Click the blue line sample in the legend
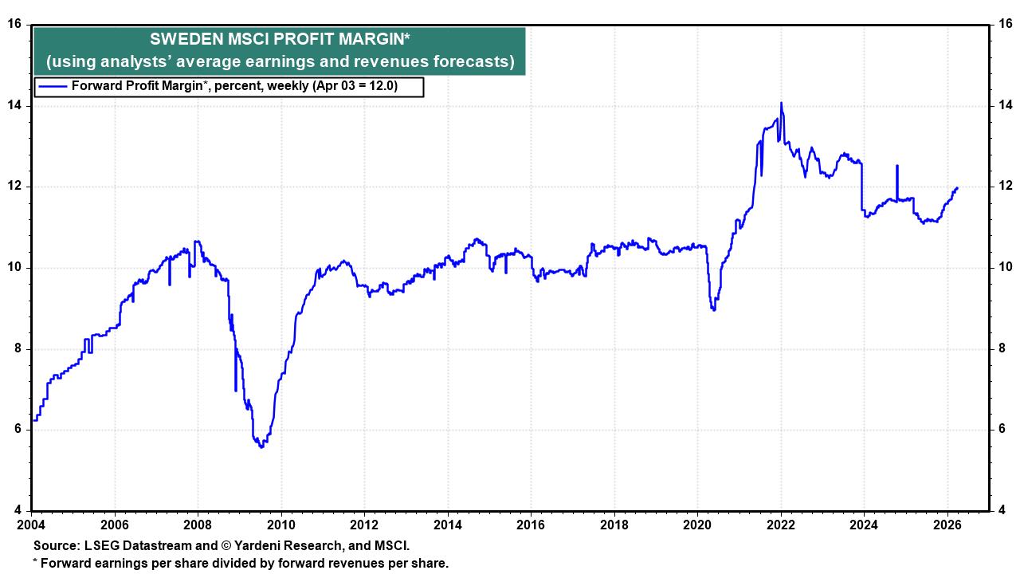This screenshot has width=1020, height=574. click(53, 86)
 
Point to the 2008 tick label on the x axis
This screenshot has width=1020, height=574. click(198, 525)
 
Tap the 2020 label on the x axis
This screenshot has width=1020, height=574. click(697, 525)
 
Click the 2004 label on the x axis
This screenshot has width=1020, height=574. click(32, 525)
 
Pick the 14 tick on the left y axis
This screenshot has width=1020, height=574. click(14, 106)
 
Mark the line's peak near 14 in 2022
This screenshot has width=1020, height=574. click(781, 103)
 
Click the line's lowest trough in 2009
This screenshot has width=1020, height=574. click(261, 446)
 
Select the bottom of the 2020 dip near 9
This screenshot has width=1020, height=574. click(713, 309)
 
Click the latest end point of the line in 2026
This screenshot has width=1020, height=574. click(956, 187)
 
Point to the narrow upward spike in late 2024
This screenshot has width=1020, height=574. click(897, 166)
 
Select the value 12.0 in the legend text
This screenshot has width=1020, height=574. click(381, 86)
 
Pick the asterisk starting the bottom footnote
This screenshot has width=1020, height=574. click(35, 562)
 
